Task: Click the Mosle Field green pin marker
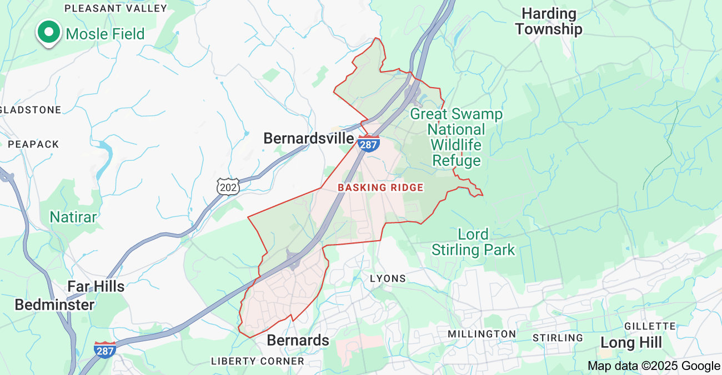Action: tap(49, 32)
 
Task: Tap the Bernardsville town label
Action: tap(308, 138)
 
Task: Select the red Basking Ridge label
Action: tap(380, 187)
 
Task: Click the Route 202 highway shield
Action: tap(228, 186)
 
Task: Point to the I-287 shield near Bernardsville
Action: tap(368, 143)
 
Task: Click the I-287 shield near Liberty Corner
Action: tap(105, 350)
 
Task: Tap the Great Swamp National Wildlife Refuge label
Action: tap(456, 138)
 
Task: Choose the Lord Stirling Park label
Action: tap(473, 242)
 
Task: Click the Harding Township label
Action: tap(548, 21)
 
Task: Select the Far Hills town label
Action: tap(96, 286)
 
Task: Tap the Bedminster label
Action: tap(54, 305)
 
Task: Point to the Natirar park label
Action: tap(73, 216)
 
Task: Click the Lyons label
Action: tap(388, 278)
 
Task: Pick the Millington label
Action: tap(482, 334)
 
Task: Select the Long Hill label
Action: tap(631, 343)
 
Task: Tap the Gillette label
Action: tap(650, 326)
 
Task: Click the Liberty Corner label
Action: tap(258, 361)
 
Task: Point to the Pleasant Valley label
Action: tap(116, 8)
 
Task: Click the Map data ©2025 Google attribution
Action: tap(654, 366)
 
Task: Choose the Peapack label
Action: tap(33, 144)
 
